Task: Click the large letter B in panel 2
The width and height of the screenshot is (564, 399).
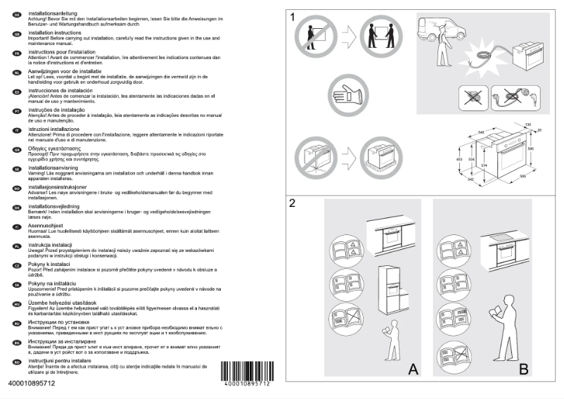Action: pyautogui.click(x=524, y=368)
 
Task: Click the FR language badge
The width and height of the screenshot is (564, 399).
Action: pyautogui.click(x=16, y=53)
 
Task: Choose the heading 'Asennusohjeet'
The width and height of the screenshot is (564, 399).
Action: pyautogui.click(x=47, y=226)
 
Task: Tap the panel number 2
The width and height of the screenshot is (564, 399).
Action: pyautogui.click(x=293, y=205)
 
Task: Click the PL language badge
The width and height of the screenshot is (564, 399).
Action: pyautogui.click(x=16, y=246)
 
